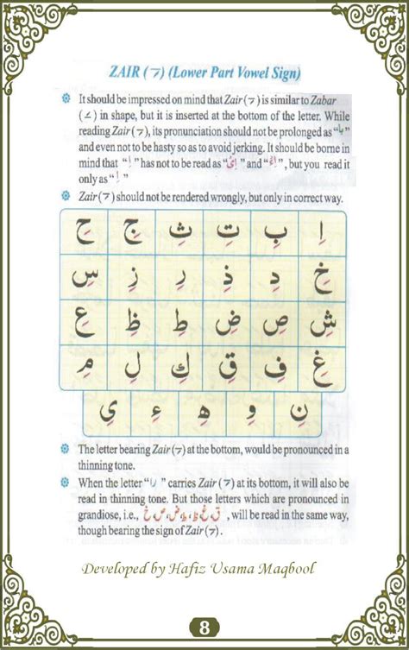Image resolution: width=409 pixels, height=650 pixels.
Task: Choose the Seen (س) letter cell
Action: click(x=84, y=277)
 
